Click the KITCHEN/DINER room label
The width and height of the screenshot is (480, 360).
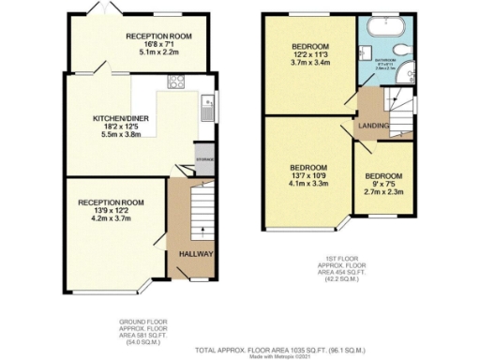click(x=115, y=119)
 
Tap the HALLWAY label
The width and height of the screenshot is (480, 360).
click(x=191, y=253)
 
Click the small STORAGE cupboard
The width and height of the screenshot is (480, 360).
click(x=204, y=159)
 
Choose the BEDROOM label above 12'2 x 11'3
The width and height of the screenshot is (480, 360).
click(x=308, y=47)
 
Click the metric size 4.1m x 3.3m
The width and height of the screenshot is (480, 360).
click(x=308, y=183)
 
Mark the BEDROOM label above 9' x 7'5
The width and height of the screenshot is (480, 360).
click(x=383, y=176)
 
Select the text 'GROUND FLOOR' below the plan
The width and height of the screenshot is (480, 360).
click(x=143, y=322)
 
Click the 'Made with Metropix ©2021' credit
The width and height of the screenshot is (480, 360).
click(x=273, y=356)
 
